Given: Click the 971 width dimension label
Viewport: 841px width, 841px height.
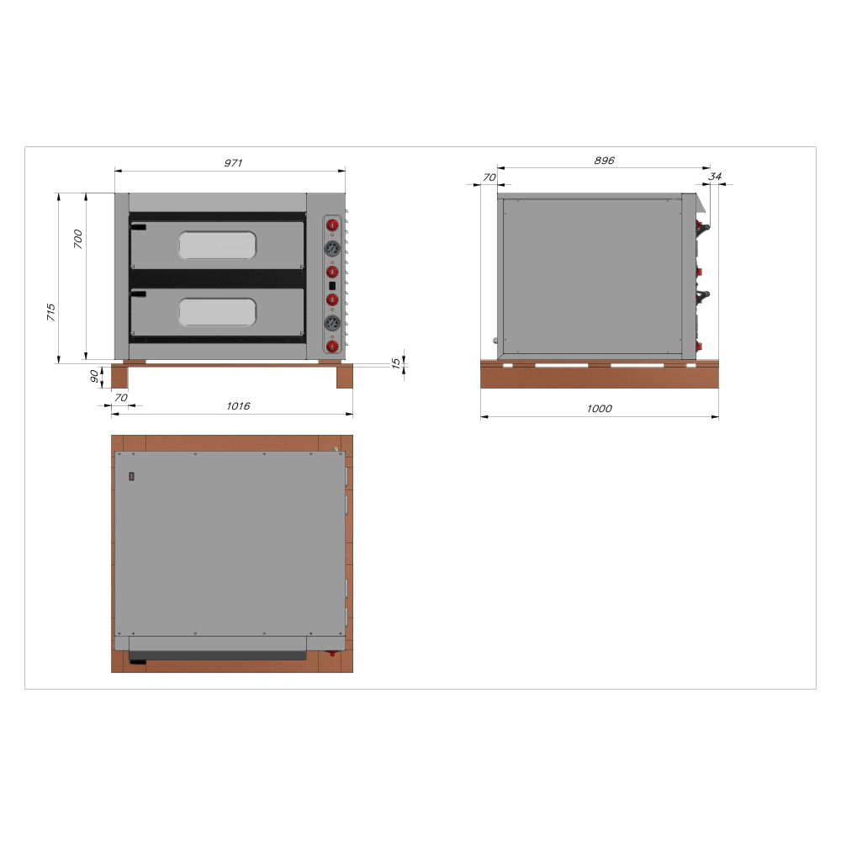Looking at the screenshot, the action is (233, 162).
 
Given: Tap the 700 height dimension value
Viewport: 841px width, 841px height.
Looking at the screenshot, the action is (77, 239).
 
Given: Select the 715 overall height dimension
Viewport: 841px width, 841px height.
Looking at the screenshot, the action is (51, 312).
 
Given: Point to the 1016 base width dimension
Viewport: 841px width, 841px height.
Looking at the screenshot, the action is (238, 406).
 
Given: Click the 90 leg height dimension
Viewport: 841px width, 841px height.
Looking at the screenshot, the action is (94, 376).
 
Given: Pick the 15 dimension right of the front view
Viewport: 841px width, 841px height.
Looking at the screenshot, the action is (396, 363).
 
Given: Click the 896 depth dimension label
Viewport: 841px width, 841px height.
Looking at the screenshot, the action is (605, 161).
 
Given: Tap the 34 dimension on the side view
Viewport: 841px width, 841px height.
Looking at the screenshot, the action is (715, 176).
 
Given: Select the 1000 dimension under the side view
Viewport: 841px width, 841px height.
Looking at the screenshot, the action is (599, 409).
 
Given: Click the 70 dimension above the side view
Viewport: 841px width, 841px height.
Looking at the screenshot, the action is (489, 177).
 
